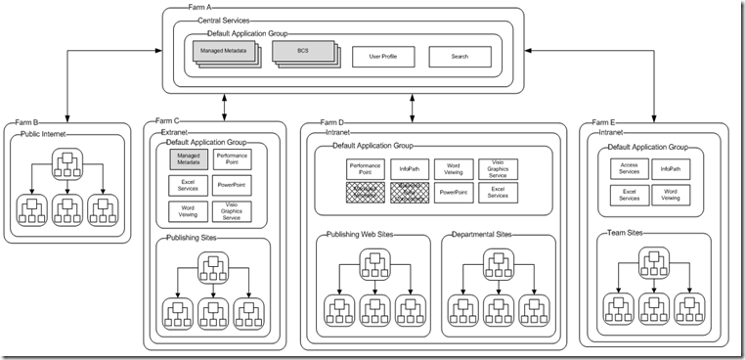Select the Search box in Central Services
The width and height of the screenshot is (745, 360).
[x=460, y=56]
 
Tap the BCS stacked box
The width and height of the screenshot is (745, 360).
[x=302, y=54]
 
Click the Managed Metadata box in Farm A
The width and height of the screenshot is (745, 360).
[x=223, y=54]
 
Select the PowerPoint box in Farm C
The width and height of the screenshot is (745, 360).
[x=232, y=185]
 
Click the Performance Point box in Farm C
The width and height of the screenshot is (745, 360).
[x=232, y=159]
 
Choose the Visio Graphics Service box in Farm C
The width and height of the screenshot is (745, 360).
[x=232, y=210]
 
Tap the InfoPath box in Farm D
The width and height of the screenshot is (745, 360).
[x=409, y=168]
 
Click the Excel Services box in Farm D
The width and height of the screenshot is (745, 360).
[x=497, y=193]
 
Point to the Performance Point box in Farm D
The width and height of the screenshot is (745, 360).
[x=365, y=168]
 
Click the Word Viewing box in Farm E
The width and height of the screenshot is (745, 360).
[x=671, y=195]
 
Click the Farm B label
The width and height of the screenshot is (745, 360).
[x=25, y=123]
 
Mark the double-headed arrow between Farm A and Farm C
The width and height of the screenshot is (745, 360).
[x=226, y=103]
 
